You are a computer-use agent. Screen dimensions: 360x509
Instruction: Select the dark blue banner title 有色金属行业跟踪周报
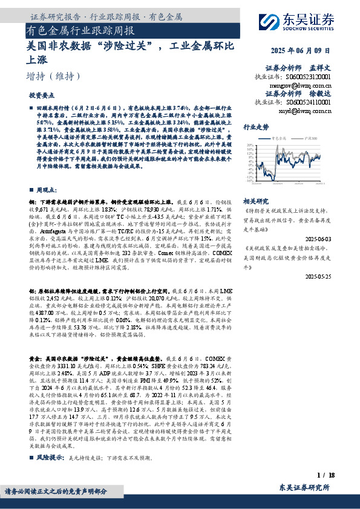[x=80, y=30]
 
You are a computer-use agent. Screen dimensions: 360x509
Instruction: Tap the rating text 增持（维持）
[x=54, y=76]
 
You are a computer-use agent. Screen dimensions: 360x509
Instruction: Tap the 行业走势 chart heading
[x=255, y=128]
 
